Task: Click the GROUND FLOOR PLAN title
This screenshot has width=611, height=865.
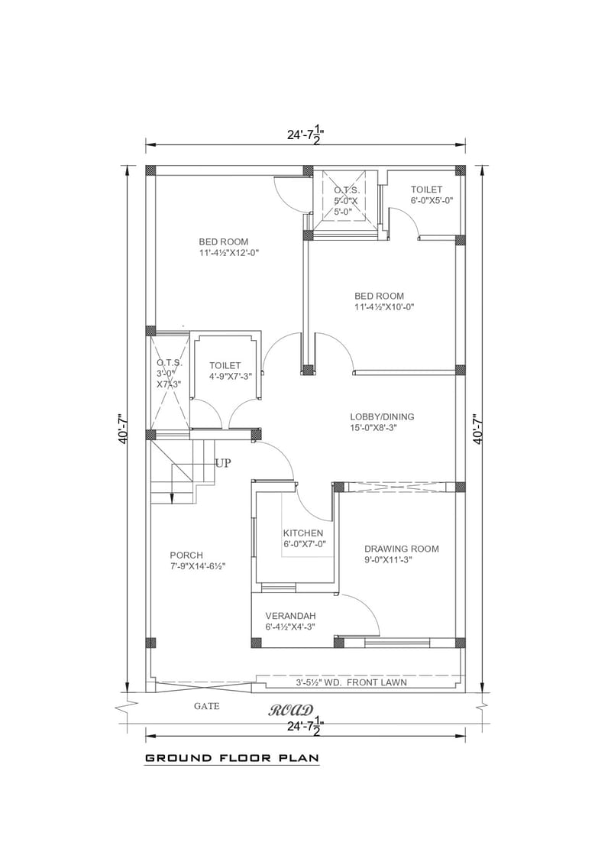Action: pyautogui.click(x=231, y=759)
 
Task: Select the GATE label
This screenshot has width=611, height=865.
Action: pyautogui.click(x=206, y=706)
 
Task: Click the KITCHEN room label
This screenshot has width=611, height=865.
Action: pyautogui.click(x=303, y=533)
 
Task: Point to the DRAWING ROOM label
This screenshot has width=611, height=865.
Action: pyautogui.click(x=401, y=549)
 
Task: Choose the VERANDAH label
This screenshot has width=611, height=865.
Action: pyautogui.click(x=290, y=615)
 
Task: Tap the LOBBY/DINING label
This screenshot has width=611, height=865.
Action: pyautogui.click(x=382, y=416)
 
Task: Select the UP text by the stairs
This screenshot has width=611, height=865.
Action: pyautogui.click(x=223, y=463)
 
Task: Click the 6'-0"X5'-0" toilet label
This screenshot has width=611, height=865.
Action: pyautogui.click(x=432, y=201)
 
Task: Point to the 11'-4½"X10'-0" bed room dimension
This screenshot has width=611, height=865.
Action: pyautogui.click(x=384, y=307)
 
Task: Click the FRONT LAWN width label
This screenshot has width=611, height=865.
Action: pyautogui.click(x=351, y=682)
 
